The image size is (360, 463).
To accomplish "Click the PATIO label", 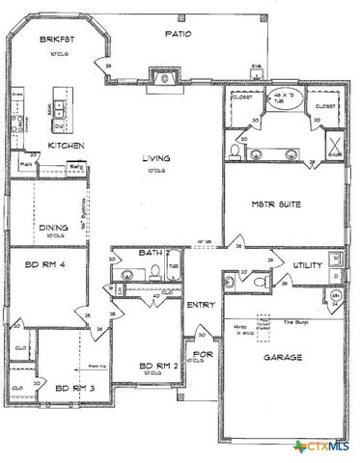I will (177, 33).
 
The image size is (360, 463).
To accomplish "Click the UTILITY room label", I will (294, 263).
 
